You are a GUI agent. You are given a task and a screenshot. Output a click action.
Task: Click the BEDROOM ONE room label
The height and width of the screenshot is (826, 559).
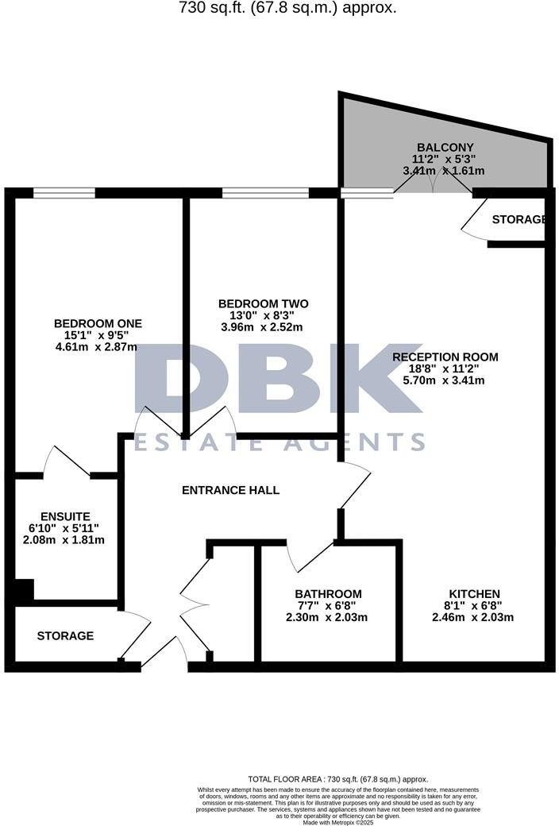(x=98, y=323)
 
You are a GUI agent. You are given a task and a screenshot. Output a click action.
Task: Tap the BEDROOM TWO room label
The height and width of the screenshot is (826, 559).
(x=263, y=303)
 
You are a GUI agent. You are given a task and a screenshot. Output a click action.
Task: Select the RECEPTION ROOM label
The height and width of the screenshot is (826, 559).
(x=445, y=357)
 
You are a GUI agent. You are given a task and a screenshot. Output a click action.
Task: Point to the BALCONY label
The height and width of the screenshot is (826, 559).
(x=445, y=147)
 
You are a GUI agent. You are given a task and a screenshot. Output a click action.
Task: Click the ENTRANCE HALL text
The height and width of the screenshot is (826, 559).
(x=230, y=490)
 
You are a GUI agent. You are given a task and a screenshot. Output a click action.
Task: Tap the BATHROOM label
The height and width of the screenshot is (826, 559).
(x=328, y=593)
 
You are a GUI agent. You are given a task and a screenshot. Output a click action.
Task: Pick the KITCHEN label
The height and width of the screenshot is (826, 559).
(x=474, y=593)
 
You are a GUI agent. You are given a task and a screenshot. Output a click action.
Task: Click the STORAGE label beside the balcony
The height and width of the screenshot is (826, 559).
(x=518, y=219)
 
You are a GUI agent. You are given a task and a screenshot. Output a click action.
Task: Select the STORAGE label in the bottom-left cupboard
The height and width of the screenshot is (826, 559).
(x=65, y=635)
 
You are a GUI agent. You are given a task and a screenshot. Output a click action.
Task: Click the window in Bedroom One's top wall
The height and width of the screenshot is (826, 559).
(x=64, y=192)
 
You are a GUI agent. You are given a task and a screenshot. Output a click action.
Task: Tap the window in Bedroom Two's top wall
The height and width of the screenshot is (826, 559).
(x=265, y=192)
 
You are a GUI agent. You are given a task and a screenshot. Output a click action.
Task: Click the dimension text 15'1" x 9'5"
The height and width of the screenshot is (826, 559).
(x=97, y=335)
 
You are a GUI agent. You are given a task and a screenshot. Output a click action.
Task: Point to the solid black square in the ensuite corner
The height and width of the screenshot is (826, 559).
(x=23, y=590)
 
